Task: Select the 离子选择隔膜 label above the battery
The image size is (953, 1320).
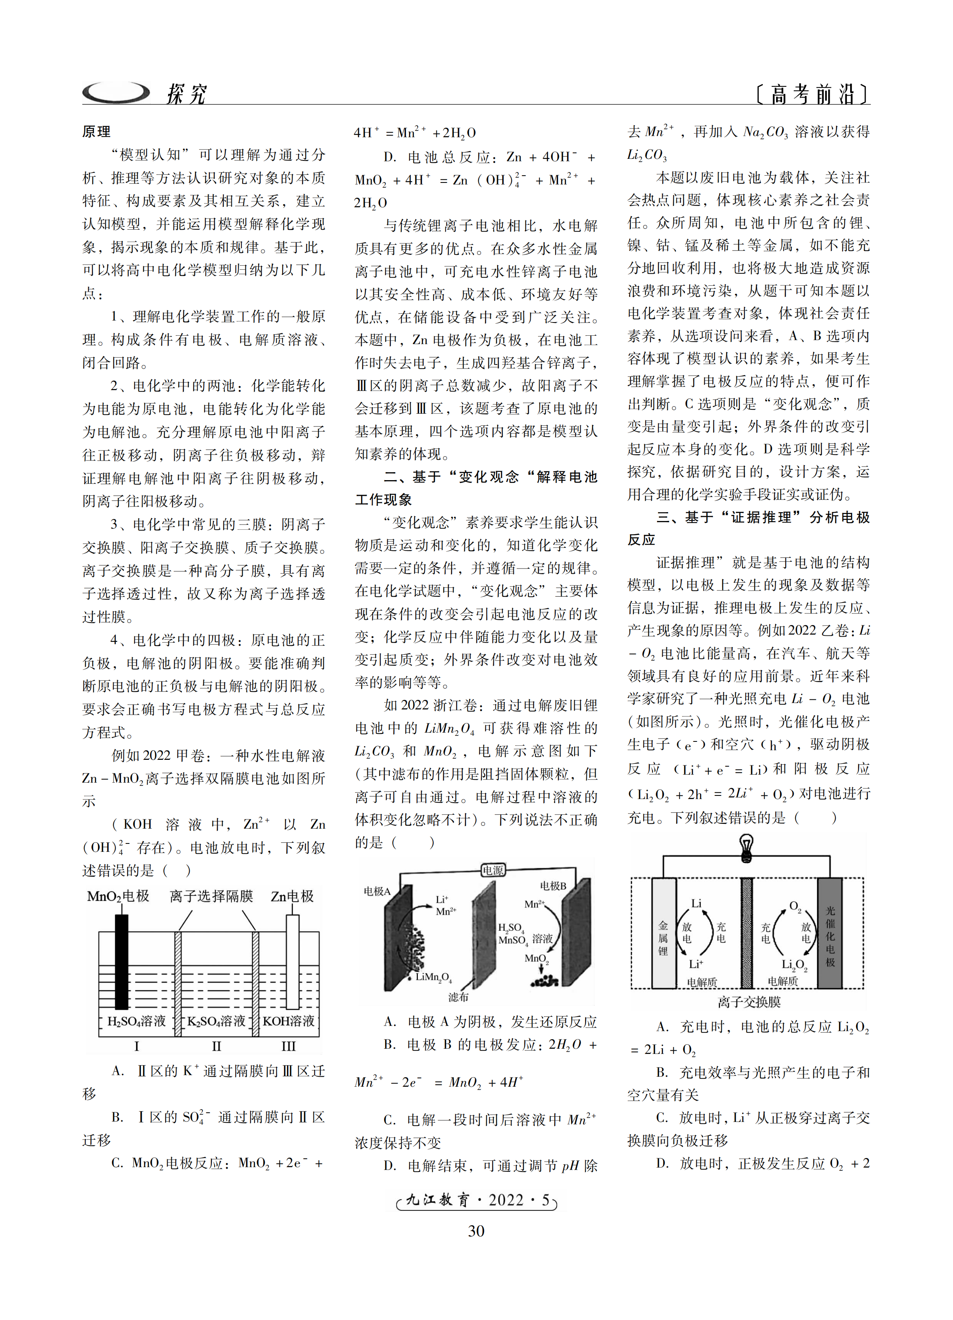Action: click(x=211, y=896)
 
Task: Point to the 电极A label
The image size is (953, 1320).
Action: click(x=377, y=891)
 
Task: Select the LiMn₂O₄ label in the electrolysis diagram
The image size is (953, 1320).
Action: click(x=434, y=977)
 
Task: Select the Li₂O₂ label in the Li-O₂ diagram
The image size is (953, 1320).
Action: click(x=794, y=965)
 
